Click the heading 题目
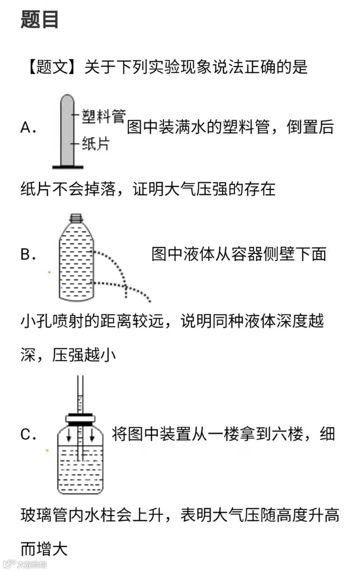click(40, 19)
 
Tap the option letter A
click(28, 128)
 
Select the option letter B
click(28, 254)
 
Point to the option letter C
click(28, 434)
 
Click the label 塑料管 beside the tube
click(103, 116)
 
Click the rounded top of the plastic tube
click(67, 99)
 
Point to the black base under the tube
click(68, 167)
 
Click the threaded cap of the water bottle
click(76, 218)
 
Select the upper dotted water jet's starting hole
click(94, 252)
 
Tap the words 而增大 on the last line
click(44, 549)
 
